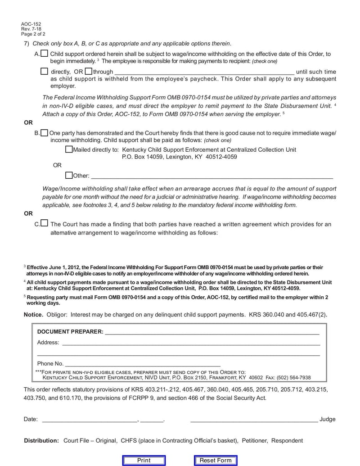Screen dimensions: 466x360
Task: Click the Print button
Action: pos(144,460)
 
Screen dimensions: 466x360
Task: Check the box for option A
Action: pos(44,54)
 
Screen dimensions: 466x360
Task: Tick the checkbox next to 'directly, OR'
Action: pos(44,71)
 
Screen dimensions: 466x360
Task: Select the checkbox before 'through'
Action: pos(88,71)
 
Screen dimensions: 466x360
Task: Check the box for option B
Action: pos(44,133)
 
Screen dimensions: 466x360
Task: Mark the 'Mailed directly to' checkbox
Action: pos(68,149)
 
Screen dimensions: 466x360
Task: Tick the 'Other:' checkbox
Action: pos(68,175)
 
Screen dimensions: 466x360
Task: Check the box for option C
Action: pos(44,223)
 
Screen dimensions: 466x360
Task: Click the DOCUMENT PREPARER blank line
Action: pos(211,332)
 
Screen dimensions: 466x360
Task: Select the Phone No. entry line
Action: pos(143,364)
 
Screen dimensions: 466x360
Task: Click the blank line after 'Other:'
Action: pos(211,176)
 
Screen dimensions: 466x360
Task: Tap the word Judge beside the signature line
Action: pos(328,419)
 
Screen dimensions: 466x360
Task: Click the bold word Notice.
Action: pos(33,314)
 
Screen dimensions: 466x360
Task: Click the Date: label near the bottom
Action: pos(31,419)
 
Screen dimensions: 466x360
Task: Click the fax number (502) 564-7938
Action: pos(295,378)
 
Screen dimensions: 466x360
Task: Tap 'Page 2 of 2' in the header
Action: pos(33,34)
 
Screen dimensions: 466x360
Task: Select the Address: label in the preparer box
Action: pos(48,343)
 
